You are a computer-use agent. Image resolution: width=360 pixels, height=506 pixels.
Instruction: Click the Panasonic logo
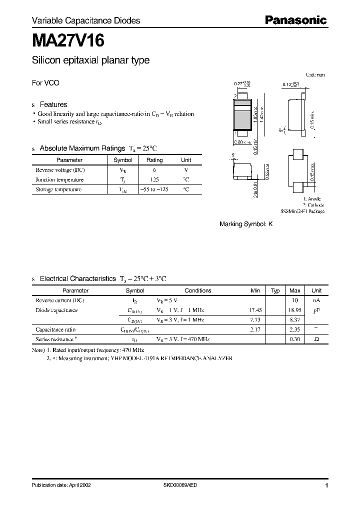click(x=295, y=20)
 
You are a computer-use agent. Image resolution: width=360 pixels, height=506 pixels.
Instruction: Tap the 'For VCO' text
click(x=45, y=83)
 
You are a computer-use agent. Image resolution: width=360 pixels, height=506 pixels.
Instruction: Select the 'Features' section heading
click(x=53, y=104)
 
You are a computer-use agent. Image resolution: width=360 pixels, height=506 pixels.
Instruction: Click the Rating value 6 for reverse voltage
click(x=154, y=170)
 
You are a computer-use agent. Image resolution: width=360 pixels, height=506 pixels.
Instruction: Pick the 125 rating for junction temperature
click(x=154, y=179)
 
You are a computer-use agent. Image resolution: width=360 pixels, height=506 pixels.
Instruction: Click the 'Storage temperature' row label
click(x=58, y=189)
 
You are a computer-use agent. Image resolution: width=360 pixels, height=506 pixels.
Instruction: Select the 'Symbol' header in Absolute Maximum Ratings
click(x=123, y=160)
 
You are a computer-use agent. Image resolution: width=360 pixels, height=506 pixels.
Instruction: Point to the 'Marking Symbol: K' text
click(x=246, y=224)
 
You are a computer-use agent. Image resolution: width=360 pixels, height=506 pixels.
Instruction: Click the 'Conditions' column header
click(x=197, y=290)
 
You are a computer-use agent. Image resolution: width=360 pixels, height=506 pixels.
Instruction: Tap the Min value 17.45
click(x=255, y=310)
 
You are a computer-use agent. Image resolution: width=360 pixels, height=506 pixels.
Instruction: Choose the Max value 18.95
click(x=295, y=310)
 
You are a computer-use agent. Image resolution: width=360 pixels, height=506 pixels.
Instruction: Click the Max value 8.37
click(x=295, y=320)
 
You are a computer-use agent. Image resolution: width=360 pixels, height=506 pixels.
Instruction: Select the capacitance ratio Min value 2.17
click(x=255, y=329)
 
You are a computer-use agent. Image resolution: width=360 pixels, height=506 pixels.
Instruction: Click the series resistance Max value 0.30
click(x=295, y=339)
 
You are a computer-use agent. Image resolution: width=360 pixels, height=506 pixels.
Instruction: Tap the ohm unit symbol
click(x=316, y=339)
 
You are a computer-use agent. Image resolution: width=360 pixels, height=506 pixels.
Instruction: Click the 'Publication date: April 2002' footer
click(x=61, y=485)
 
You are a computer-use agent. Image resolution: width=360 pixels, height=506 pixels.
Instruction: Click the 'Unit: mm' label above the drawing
click(x=315, y=74)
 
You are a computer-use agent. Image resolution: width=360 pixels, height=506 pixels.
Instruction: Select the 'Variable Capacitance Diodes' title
click(x=86, y=20)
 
